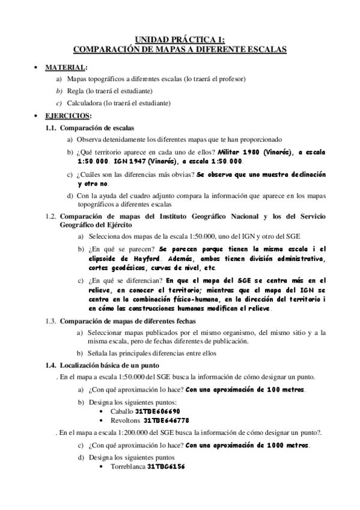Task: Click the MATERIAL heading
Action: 66,67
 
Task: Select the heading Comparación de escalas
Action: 97,127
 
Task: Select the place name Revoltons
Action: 124,420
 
